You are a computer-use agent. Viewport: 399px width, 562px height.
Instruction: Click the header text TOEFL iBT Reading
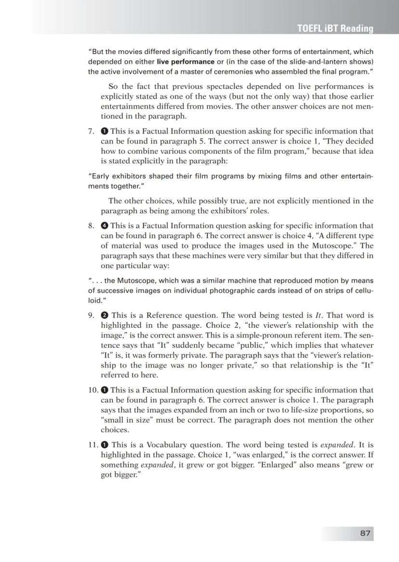335,28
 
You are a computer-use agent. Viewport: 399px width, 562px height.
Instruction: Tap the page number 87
365,533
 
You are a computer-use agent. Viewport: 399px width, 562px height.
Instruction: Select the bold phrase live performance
186,62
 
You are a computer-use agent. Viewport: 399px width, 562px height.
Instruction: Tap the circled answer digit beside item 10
104,390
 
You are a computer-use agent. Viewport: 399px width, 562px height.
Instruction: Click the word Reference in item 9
165,315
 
